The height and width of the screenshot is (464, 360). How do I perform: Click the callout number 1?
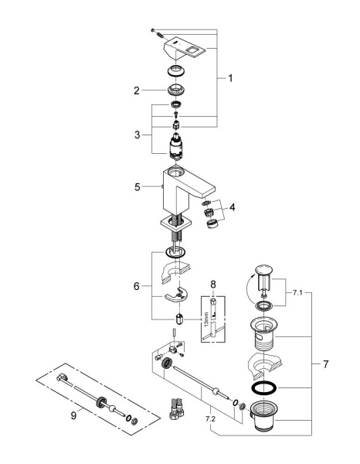click(229, 79)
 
